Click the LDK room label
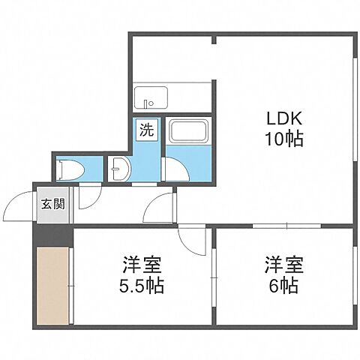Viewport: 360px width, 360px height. coord(284,118)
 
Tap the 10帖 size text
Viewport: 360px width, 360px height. coord(284,139)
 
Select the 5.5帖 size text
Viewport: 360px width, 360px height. coord(142,286)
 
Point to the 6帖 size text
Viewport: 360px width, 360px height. coord(284,286)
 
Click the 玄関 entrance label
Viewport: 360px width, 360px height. coord(53,204)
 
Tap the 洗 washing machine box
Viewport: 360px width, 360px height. coord(147,130)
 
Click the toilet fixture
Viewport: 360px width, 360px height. coord(70,170)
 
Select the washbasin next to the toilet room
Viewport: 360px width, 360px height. coord(120,169)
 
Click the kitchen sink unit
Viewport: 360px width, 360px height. coord(151,97)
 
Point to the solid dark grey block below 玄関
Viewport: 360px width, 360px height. coord(53,235)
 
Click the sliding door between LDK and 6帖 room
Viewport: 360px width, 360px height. coord(286,226)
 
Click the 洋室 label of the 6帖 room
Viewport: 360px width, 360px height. coord(284,265)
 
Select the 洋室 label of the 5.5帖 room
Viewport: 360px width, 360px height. coord(142,265)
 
